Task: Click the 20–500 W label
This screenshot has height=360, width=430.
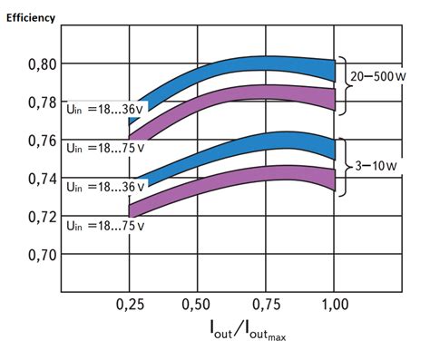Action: (x=378, y=78)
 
